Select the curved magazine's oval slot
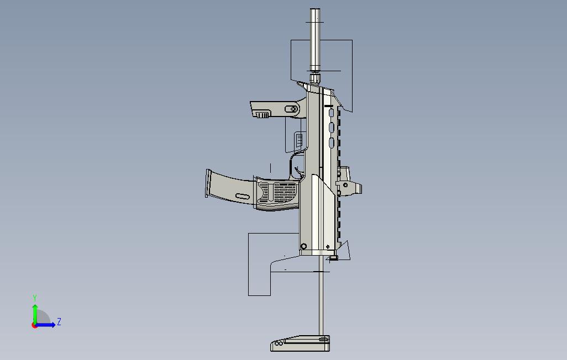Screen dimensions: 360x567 (x=242, y=196)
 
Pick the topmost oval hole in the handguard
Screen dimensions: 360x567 (x=331, y=114)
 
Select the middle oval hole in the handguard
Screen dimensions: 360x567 (x=331, y=128)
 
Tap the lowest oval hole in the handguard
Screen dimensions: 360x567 (x=331, y=143)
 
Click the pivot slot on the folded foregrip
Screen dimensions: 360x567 (x=291, y=109)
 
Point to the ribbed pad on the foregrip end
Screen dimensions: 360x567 (x=262, y=115)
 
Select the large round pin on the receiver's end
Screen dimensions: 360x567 (x=303, y=246)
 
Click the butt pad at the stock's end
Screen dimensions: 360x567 (x=301, y=343)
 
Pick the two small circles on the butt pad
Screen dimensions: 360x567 (x=279, y=343)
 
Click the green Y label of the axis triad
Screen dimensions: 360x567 (x=35, y=298)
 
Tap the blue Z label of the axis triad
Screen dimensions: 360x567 (x=59, y=321)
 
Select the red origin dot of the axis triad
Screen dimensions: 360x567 (x=35, y=325)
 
